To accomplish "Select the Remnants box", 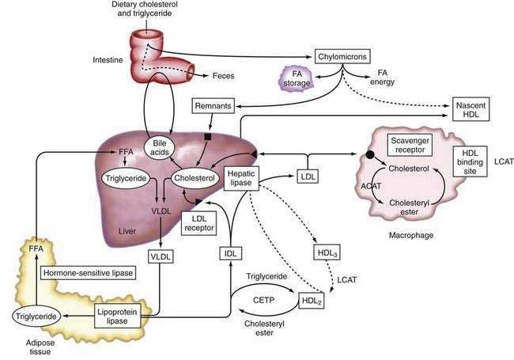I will (217, 106).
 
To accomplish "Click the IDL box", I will (229, 254).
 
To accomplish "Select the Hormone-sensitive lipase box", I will (87, 273).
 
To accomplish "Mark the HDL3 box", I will (323, 252).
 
